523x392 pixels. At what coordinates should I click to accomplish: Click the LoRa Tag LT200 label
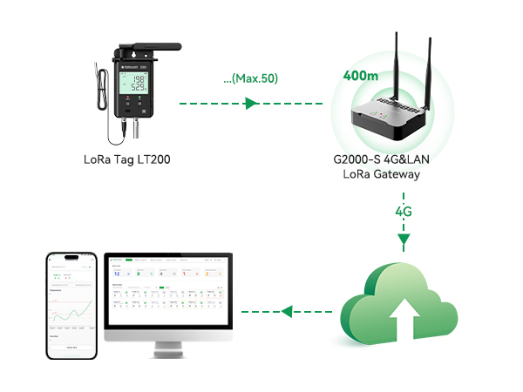(x=128, y=159)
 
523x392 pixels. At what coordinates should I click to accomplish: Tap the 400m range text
(x=359, y=76)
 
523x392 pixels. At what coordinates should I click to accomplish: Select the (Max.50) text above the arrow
(x=249, y=79)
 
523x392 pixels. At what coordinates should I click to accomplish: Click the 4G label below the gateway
(x=404, y=212)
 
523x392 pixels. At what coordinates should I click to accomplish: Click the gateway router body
(x=390, y=120)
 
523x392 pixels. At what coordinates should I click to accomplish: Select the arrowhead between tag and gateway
(x=251, y=105)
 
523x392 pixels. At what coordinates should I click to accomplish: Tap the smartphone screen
(x=72, y=307)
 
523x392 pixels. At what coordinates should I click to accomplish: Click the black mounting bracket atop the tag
(x=148, y=47)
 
